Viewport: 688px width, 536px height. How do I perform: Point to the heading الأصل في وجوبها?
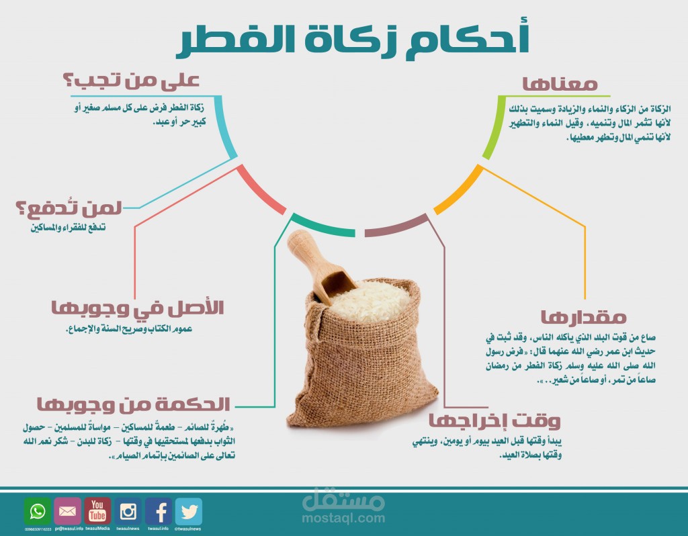[x=138, y=308]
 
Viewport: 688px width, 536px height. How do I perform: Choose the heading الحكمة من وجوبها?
[x=133, y=404]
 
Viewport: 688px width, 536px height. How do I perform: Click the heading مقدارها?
[x=583, y=316]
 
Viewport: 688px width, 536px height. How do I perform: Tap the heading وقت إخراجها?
[x=494, y=421]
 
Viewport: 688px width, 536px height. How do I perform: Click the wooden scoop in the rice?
[x=322, y=268]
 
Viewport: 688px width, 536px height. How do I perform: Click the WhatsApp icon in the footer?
[x=37, y=511]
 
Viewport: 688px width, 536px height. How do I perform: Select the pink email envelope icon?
[x=67, y=511]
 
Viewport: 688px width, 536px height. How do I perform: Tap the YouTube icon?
[x=97, y=511]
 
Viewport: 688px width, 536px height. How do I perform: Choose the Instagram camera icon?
[x=128, y=511]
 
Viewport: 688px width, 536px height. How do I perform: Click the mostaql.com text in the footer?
[x=343, y=519]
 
